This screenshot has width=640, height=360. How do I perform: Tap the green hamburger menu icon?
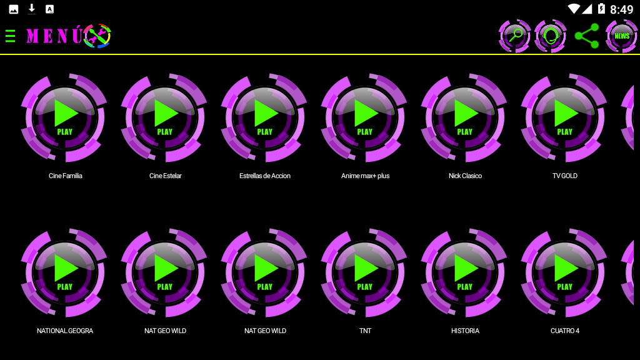click(10, 36)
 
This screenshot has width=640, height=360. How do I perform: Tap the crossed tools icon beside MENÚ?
click(97, 36)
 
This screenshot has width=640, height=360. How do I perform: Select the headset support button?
click(551, 36)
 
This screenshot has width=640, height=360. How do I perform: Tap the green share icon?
click(587, 36)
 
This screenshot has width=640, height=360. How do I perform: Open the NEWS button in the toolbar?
click(622, 36)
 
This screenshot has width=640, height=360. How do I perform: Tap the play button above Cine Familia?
click(64, 117)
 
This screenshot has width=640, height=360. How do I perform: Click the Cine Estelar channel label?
click(165, 176)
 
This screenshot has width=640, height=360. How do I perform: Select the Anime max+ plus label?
click(365, 176)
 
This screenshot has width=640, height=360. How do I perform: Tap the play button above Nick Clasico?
click(464, 117)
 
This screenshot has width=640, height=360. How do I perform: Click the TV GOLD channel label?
click(565, 176)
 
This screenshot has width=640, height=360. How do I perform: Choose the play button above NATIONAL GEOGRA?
click(64, 272)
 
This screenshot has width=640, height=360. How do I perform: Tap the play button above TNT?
click(364, 272)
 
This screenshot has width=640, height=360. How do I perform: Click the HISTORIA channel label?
click(465, 331)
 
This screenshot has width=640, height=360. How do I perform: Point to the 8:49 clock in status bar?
click(621, 9)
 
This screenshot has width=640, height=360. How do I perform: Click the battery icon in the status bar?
click(601, 9)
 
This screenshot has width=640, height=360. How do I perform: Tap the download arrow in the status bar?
click(32, 9)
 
